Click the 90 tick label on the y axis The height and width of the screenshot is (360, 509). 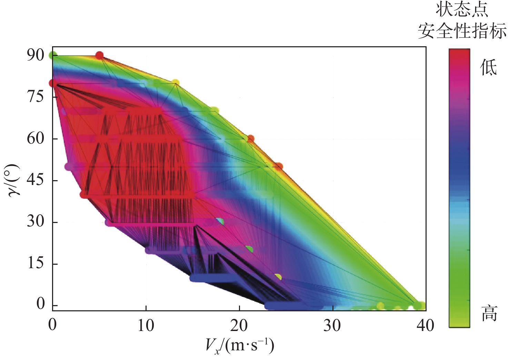tap(36, 55)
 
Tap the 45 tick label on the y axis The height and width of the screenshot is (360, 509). tap(36, 180)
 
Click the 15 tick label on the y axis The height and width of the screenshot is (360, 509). tap(36, 263)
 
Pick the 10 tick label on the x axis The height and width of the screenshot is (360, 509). tap(146, 325)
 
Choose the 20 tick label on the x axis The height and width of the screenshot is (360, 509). tap(239, 325)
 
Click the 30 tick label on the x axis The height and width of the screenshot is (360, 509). tap(332, 325)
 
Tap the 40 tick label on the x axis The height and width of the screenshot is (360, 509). tap(425, 325)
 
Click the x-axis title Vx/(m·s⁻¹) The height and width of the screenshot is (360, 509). tap(240, 345)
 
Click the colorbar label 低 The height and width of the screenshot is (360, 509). tap(488, 67)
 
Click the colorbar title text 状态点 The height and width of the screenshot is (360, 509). tap(462, 10)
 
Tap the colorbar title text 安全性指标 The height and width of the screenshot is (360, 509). tap(462, 31)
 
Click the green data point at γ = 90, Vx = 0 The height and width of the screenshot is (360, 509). tap(53, 55)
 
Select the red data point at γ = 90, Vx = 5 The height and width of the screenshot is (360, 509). tap(99, 55)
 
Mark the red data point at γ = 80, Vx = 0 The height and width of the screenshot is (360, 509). tap(53, 83)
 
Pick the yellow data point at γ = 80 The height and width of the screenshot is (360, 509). tap(176, 83)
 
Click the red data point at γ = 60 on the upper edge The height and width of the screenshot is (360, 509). tap(251, 138)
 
